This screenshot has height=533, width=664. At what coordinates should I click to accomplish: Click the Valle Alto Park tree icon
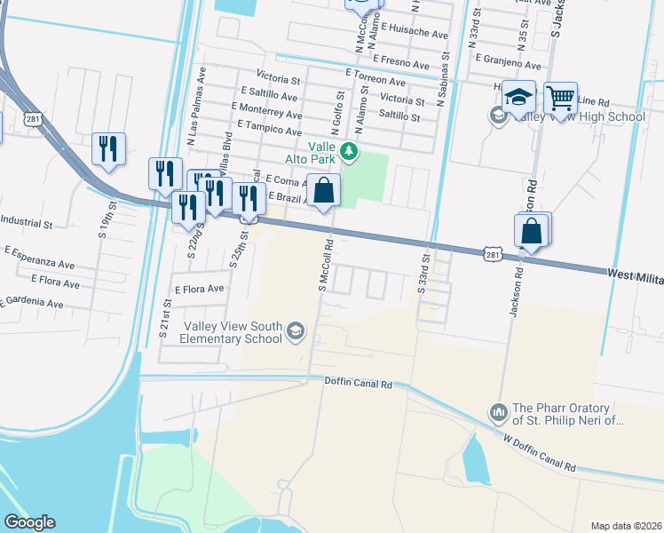350,151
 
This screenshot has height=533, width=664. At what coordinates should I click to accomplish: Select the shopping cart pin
560,99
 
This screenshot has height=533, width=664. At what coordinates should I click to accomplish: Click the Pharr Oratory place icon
497,413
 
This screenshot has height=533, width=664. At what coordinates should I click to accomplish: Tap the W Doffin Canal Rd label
539,452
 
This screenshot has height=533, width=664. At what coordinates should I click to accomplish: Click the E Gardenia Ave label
32,303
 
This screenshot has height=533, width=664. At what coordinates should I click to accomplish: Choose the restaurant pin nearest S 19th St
109,148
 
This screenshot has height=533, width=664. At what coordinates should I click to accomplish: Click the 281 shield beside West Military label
493,255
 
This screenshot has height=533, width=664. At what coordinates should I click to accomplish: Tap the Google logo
29,522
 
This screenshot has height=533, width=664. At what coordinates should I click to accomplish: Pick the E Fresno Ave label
407,59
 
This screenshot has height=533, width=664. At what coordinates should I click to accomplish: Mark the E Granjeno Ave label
508,65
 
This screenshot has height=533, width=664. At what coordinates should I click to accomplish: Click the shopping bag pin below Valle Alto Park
326,189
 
